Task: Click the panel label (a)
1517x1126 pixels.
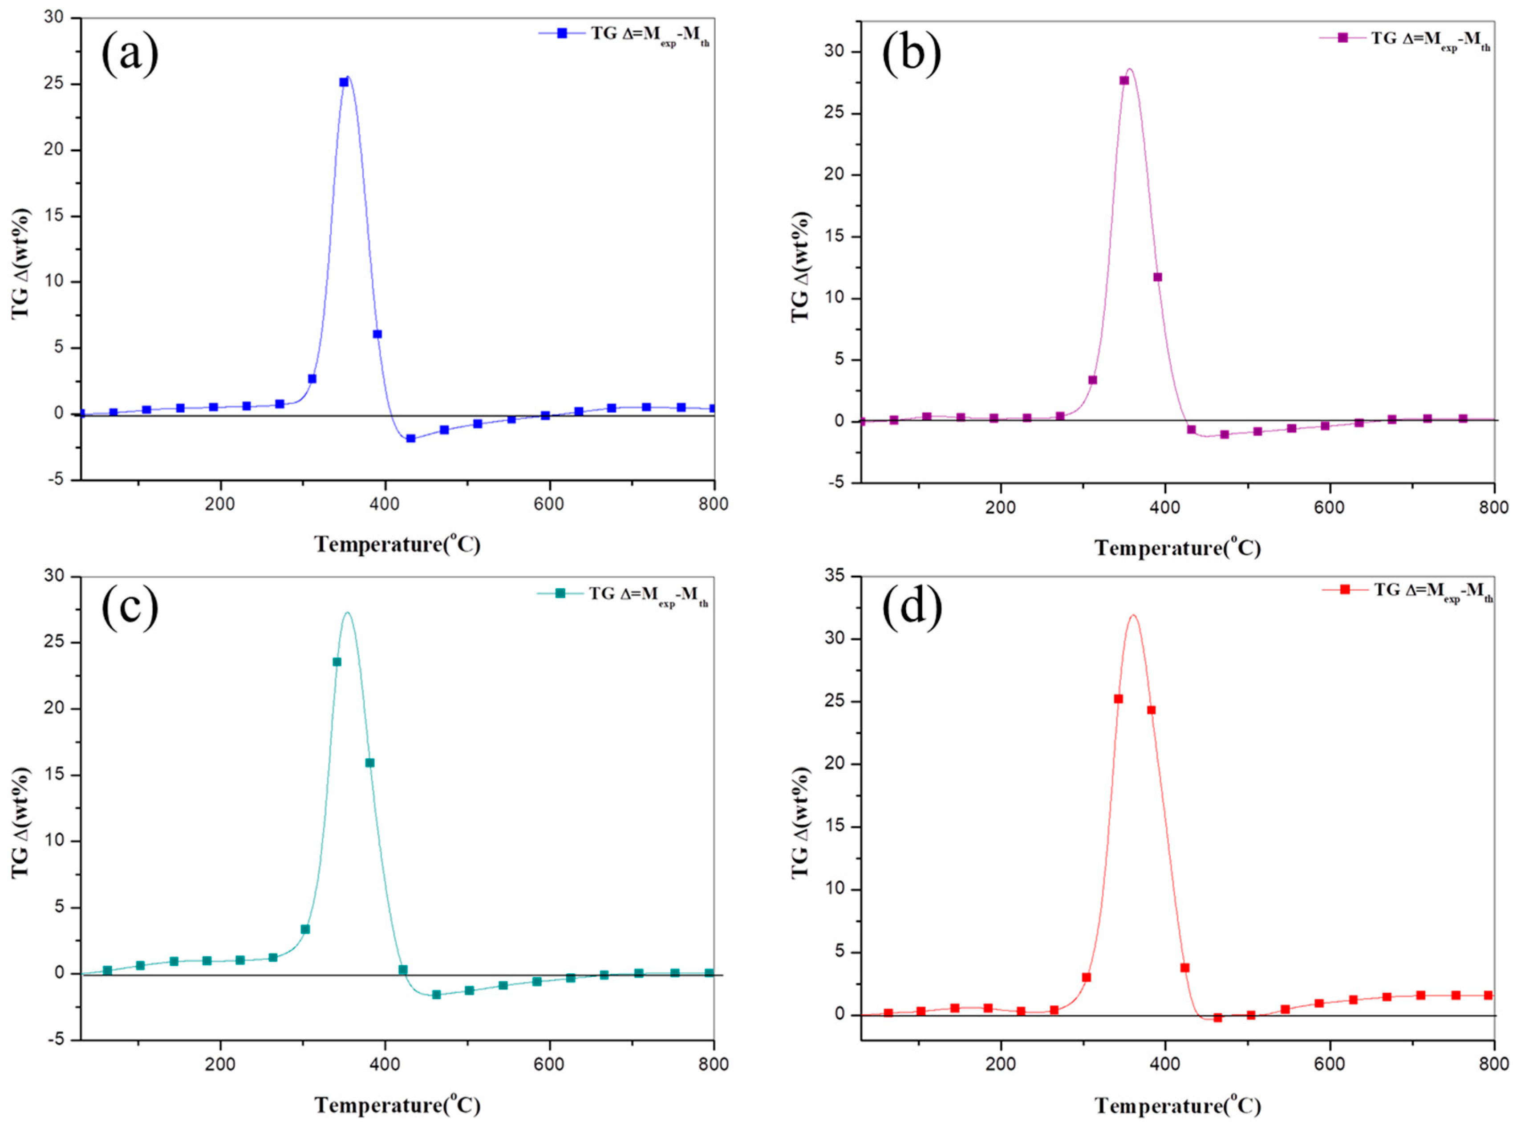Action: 130,54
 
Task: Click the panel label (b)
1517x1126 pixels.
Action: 912,54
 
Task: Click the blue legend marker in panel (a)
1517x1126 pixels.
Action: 562,33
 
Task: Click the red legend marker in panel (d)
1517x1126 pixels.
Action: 1345,589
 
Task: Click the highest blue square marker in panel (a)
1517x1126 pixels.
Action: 344,82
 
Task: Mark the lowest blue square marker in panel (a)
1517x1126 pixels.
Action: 410,438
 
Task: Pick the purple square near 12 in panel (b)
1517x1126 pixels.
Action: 1157,277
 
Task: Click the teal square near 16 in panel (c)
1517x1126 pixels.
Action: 369,763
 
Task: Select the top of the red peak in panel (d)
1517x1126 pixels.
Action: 1133,615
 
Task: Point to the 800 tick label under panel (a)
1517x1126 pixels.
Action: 714,504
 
